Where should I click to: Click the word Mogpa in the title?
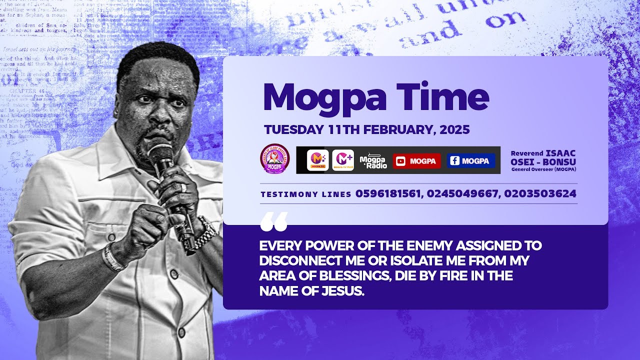point(324,97)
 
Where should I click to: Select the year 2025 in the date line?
point(455,130)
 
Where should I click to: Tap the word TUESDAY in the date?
point(294,130)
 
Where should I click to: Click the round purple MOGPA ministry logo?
point(274,158)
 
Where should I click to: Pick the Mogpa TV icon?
point(317,160)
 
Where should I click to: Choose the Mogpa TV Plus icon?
point(343,160)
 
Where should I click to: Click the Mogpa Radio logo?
point(373,160)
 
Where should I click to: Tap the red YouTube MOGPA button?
point(416,161)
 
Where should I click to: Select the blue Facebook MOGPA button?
point(470,161)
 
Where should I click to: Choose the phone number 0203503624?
point(540,194)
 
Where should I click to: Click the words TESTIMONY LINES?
point(305,194)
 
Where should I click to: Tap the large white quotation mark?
point(274,222)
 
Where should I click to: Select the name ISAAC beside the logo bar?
point(560,153)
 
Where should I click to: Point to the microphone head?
point(160,153)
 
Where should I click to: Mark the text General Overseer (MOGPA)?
point(543,169)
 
